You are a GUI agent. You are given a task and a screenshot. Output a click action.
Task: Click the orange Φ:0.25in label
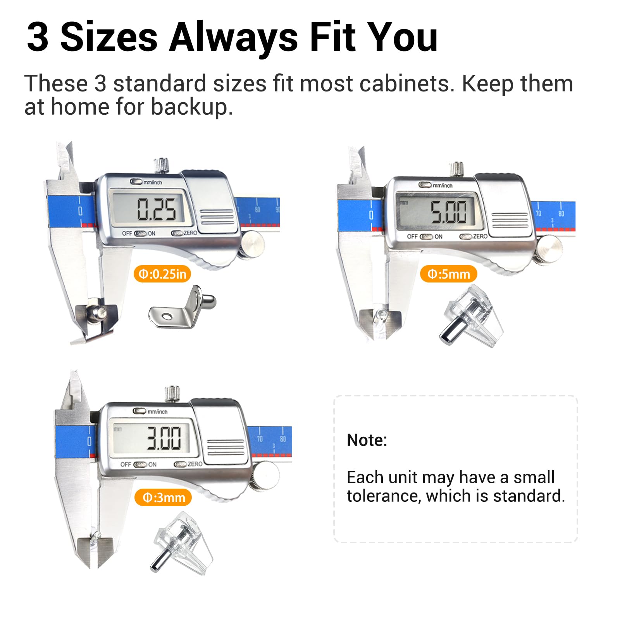162,274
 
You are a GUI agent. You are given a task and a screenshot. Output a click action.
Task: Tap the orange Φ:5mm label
448,274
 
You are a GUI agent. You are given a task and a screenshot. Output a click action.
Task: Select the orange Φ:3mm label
163,497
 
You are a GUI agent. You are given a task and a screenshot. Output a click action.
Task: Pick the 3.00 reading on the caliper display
164,438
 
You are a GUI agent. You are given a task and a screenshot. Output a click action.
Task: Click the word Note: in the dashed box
367,440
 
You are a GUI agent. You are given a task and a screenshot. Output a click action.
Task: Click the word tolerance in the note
384,496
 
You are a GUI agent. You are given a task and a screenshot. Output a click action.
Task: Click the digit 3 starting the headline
38,37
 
